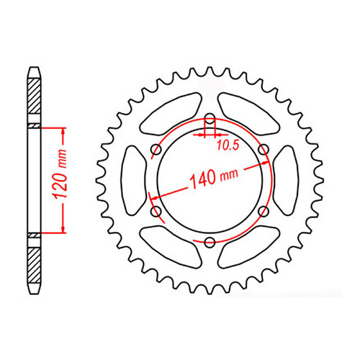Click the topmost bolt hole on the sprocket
pyautogui.click(x=209, y=120)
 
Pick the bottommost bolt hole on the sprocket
pyautogui.click(x=209, y=241)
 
